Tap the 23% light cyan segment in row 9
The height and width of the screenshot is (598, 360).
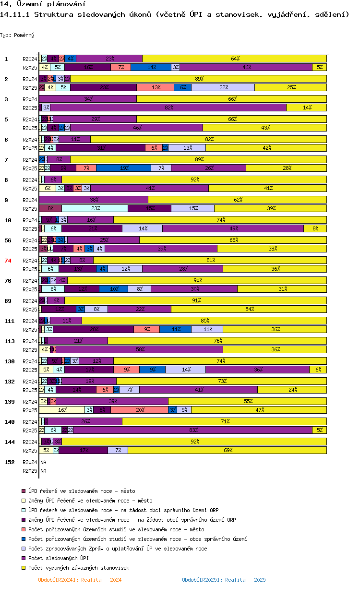pyautogui.click(x=95, y=208)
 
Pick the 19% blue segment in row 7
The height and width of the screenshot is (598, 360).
pyautogui.click(x=124, y=168)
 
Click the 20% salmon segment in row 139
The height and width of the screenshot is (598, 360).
pyautogui.click(x=140, y=410)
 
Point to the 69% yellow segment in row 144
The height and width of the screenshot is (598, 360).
pyautogui.click(x=227, y=450)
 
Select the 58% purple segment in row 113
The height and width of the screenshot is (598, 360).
pyautogui.click(x=140, y=349)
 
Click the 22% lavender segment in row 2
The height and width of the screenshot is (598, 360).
pyautogui.click(x=223, y=87)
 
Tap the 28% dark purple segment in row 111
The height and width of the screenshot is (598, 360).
pyautogui.click(x=94, y=329)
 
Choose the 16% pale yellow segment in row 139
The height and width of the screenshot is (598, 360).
pyautogui.click(x=62, y=410)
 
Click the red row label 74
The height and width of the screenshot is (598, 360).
pyautogui.click(x=8, y=261)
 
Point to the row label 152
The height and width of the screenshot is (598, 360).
pyautogui.click(x=9, y=462)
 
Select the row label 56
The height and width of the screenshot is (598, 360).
pyautogui.click(x=8, y=240)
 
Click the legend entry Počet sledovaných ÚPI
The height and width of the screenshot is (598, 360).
pyautogui.click(x=58, y=558)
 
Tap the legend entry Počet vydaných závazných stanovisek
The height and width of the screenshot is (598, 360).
pyautogui.click(x=78, y=568)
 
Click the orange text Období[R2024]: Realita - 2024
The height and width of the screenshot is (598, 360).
pyautogui.click(x=80, y=580)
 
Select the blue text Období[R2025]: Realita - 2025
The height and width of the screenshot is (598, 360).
pyautogui.click(x=224, y=580)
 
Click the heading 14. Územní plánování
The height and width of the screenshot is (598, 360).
pyautogui.click(x=36, y=4)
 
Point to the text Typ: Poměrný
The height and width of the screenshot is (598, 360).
pyautogui.click(x=17, y=35)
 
